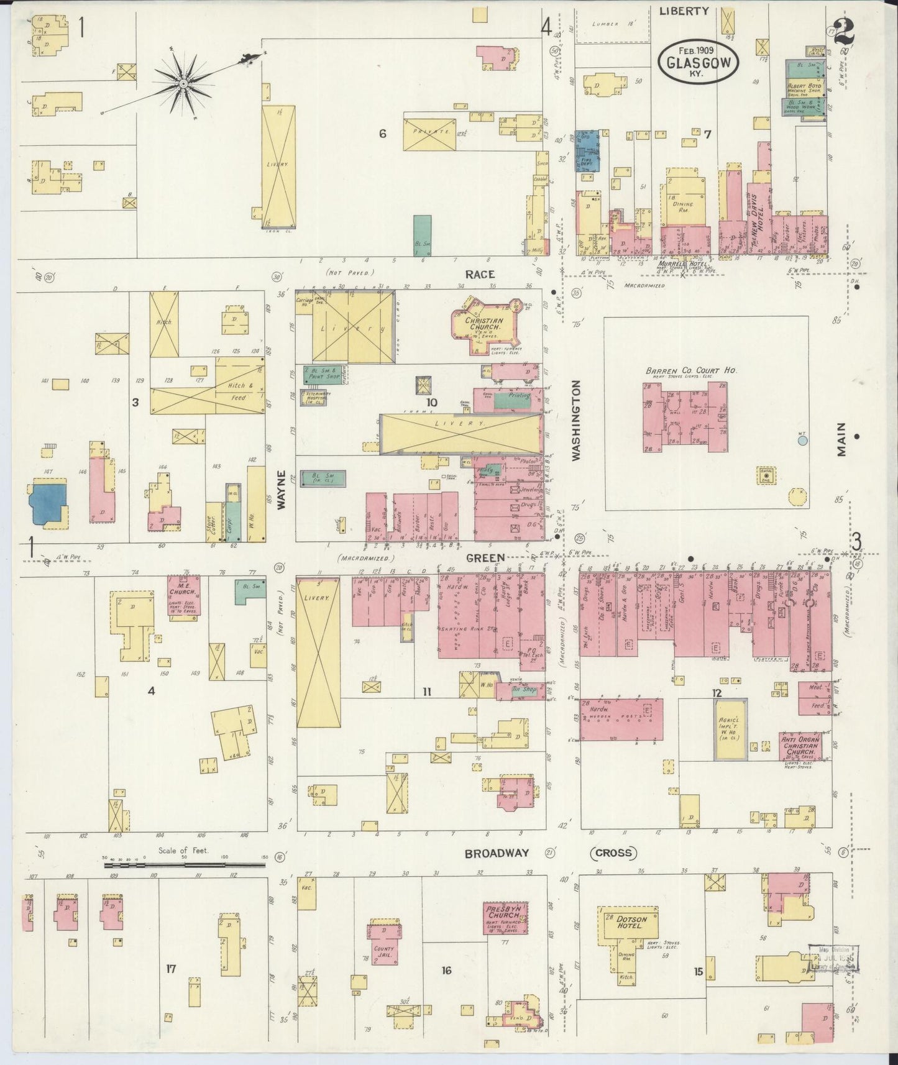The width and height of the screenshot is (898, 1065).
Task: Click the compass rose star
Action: click(184, 83)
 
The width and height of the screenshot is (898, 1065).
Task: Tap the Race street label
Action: click(480, 274)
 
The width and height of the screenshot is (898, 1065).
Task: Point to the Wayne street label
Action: click(281, 490)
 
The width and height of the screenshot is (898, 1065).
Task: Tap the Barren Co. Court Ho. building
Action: click(685, 416)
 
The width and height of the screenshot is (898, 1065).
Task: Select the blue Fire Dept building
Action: click(586, 151)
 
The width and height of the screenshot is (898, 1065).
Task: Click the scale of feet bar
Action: click(185, 864)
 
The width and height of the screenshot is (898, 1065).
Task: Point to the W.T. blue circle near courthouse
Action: click(802, 441)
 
